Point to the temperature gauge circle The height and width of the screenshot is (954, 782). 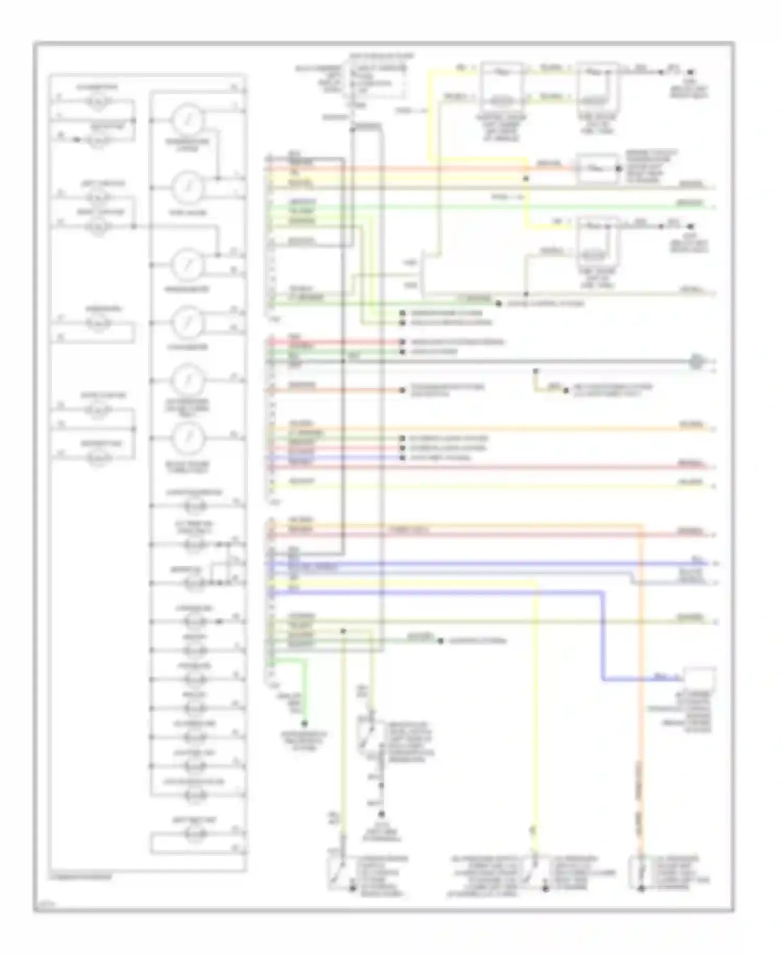[x=188, y=119]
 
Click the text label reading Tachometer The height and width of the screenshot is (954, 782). [x=188, y=347]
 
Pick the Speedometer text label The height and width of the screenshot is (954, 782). [x=188, y=289]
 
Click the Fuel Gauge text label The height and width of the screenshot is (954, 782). [x=188, y=212]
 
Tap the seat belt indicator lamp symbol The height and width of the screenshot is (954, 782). [x=194, y=833]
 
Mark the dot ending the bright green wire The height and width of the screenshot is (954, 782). [x=304, y=724]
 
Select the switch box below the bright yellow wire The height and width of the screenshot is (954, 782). [x=534, y=873]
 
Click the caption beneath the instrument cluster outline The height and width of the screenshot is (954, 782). [x=81, y=877]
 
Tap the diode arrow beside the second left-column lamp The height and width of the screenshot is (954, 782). [x=77, y=140]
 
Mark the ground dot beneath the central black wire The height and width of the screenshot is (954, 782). [x=382, y=814]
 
